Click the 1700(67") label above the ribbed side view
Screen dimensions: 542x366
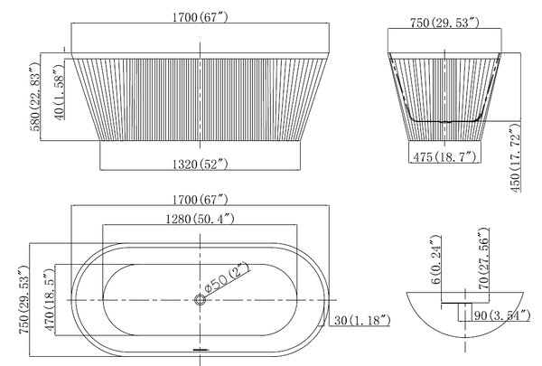(201, 17)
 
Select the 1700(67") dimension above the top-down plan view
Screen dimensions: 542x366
(201, 200)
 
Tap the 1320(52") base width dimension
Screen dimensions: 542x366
(201, 164)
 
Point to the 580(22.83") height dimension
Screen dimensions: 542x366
(35, 97)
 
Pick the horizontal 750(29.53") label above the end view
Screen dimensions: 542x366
(444, 23)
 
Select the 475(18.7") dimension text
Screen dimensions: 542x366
(444, 157)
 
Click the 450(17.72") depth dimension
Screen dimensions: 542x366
(514, 158)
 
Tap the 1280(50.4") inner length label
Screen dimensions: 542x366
(201, 219)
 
